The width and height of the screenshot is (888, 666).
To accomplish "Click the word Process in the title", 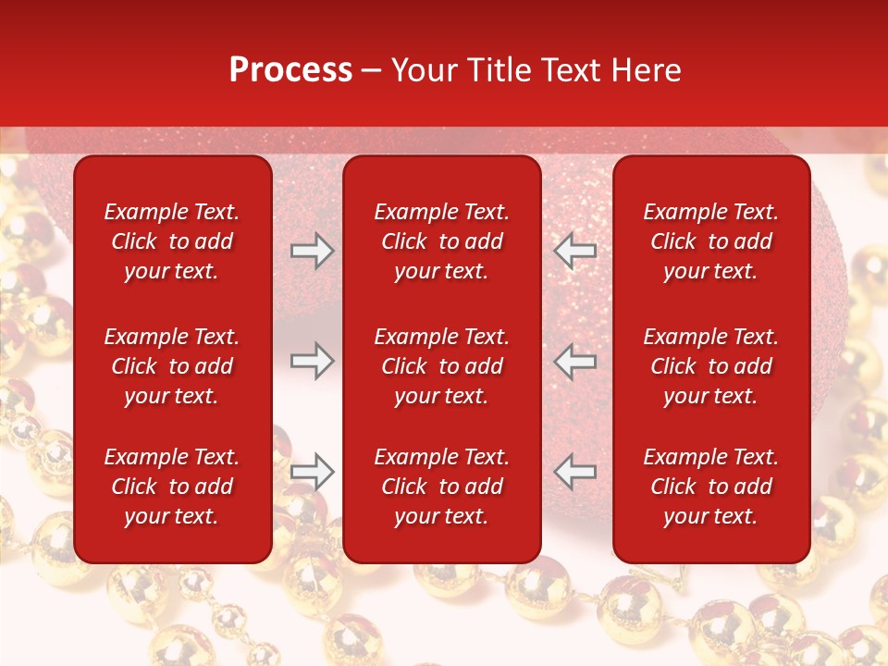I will coord(290,70).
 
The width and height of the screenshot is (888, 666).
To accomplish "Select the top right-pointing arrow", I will coord(313,251).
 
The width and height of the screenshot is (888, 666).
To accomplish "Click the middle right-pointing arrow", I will coord(313,361).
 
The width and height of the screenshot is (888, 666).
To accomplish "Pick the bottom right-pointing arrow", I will coord(313,472).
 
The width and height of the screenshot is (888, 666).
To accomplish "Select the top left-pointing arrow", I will coord(574,251).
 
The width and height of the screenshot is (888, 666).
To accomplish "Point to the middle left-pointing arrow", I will coord(574,361).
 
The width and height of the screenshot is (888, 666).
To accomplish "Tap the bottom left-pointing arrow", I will coord(574,472).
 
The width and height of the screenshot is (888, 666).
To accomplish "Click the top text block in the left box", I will coord(172,241).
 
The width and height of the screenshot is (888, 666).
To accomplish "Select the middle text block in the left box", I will coord(172,366).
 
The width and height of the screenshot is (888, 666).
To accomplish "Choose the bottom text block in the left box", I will coord(172,487).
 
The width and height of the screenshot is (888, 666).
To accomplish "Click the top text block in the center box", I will coord(441,241).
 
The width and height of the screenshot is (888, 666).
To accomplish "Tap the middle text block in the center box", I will coord(441,366).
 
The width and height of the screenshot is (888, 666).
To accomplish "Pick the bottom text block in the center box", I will coord(441,487).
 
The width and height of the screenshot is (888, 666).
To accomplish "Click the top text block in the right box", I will coord(710,241).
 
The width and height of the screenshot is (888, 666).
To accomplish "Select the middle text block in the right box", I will coord(710,366).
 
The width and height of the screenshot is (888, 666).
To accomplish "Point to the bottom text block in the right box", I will coord(710,487).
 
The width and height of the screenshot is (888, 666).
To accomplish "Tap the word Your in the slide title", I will coord(423,70).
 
